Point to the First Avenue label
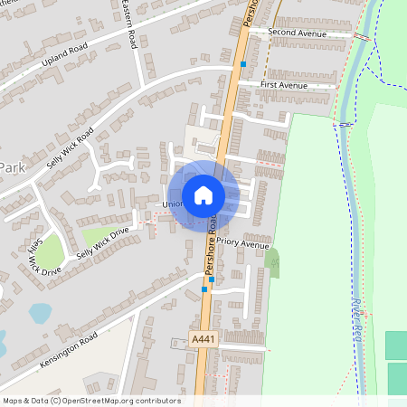pyautogui.click(x=284, y=85)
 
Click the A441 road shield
pyautogui.click(x=203, y=337)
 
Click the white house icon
pyautogui.click(x=203, y=194)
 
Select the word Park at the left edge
pyautogui.click(x=12, y=167)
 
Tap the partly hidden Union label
pyautogui.click(x=172, y=204)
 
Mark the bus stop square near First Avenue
pyautogui.click(x=242, y=64)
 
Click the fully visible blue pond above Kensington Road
pyautogui.click(x=40, y=313)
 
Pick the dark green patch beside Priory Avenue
pyautogui.click(x=273, y=263)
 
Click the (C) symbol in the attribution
pyautogui.click(x=56, y=401)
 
